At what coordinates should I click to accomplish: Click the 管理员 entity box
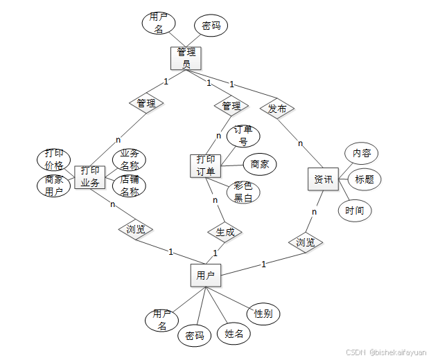pyautogui.click(x=186, y=57)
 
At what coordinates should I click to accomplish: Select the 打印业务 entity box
pyautogui.click(x=89, y=177)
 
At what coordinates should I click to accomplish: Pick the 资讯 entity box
pyautogui.click(x=323, y=179)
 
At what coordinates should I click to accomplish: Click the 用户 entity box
pyautogui.click(x=205, y=275)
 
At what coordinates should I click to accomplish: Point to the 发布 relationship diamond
pyautogui.click(x=277, y=109)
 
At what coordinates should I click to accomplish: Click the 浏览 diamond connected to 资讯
pyautogui.click(x=306, y=242)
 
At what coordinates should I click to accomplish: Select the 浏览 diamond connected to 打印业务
pyautogui.click(x=136, y=228)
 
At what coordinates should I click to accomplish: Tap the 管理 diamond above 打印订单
pyautogui.click(x=231, y=106)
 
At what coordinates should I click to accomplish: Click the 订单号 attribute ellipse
pyautogui.click(x=243, y=136)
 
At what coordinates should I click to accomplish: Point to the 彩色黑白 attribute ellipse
pyautogui.click(x=243, y=192)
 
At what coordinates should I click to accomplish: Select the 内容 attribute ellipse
pyautogui.click(x=361, y=153)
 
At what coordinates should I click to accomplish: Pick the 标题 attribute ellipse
pyautogui.click(x=364, y=179)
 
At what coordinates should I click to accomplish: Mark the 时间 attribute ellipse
pyautogui.click(x=355, y=210)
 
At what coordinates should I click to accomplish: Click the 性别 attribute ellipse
pyautogui.click(x=263, y=314)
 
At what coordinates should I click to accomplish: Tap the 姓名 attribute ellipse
pyautogui.click(x=234, y=334)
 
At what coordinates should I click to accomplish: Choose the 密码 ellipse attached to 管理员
pyautogui.click(x=211, y=26)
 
